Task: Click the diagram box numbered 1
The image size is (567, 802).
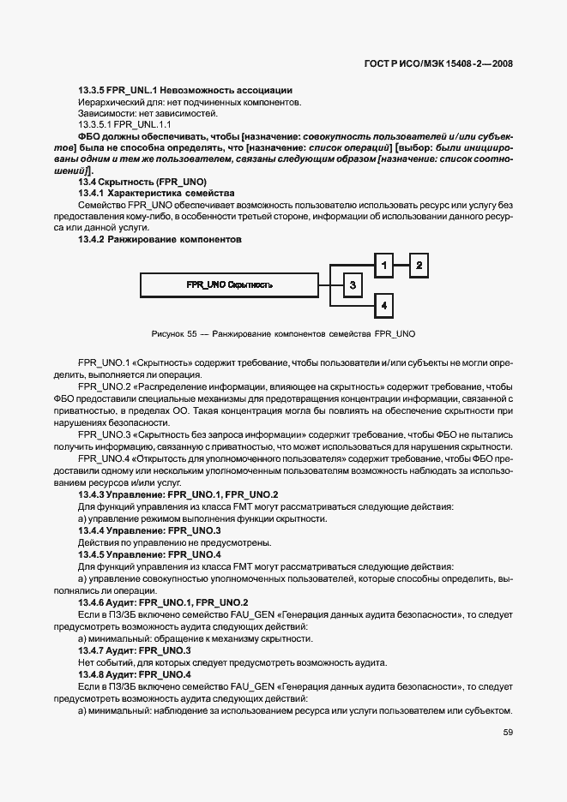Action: (384, 266)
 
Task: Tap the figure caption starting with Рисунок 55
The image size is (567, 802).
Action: (283, 332)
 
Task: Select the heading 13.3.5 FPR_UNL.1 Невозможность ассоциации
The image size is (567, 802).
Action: (185, 90)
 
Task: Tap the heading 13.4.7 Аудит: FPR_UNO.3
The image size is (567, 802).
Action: (134, 650)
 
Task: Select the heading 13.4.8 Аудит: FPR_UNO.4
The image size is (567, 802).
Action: (134, 674)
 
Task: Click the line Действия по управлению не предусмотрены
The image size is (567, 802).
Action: (174, 542)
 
